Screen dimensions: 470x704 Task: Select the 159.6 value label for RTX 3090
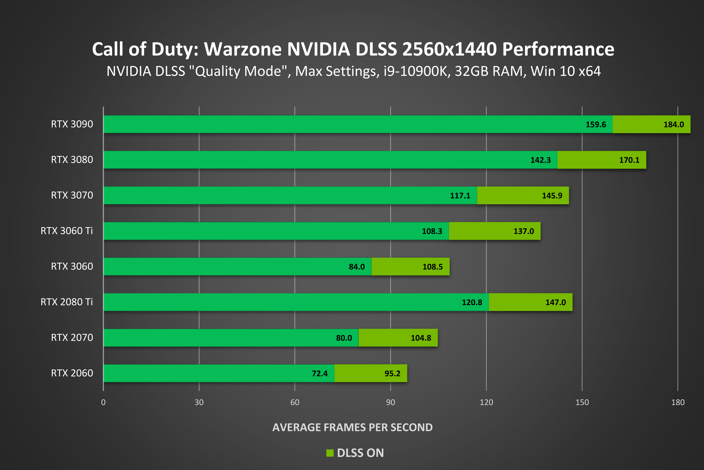[x=596, y=124]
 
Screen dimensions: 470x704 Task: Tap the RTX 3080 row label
[x=72, y=159]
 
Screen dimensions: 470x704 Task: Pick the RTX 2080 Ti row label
[x=67, y=302]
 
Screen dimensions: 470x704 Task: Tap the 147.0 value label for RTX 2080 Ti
[x=555, y=302]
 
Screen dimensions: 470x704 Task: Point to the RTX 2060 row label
[x=72, y=373]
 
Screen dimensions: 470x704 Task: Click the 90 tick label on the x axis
[x=390, y=402]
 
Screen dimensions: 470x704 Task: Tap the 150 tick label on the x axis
[x=582, y=402]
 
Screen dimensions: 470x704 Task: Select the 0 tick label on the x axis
[x=103, y=402]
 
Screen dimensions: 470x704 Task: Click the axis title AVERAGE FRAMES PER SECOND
[x=352, y=427]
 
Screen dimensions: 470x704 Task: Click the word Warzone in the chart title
[x=243, y=49]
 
